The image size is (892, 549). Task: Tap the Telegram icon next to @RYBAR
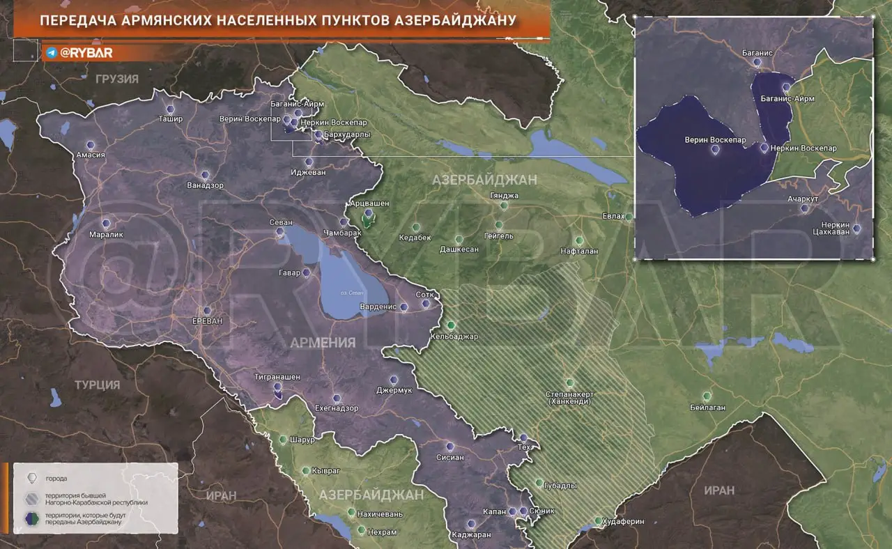tap(52, 53)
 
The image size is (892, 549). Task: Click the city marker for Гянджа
tap(504, 206)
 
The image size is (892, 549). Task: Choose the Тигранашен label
tap(277, 377)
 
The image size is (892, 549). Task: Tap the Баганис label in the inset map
tap(758, 52)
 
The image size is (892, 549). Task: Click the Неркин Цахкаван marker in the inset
tap(856, 229)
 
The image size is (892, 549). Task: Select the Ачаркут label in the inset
tap(803, 198)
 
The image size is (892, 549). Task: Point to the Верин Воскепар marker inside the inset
tap(715, 150)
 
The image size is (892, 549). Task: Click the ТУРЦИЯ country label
tap(98, 385)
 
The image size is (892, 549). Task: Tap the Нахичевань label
tap(380, 514)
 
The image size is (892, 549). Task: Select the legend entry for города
tap(56, 479)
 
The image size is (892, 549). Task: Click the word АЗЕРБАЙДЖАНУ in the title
tap(451, 20)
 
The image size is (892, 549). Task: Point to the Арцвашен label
tap(368, 203)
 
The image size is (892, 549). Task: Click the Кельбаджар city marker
tap(452, 325)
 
